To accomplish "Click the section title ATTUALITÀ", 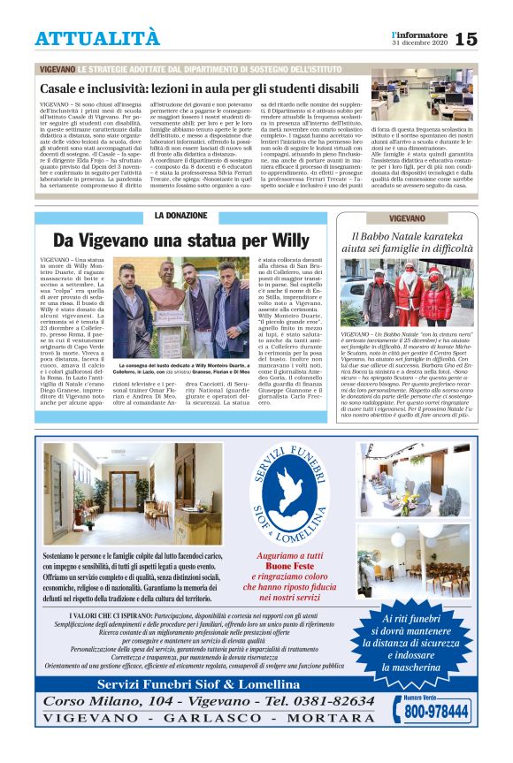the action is (x=97, y=39).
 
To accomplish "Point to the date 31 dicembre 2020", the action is (x=420, y=43).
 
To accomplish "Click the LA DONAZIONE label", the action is (x=180, y=216).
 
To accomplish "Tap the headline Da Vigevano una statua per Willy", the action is (x=180, y=240).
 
